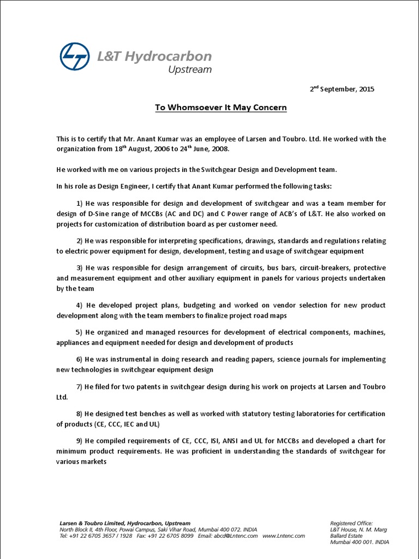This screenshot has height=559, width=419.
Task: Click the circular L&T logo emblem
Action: (x=77, y=57)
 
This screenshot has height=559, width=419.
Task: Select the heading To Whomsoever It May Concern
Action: (x=220, y=108)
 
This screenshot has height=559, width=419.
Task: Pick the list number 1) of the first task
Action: (x=80, y=204)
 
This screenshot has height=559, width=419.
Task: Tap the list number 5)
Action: (x=79, y=332)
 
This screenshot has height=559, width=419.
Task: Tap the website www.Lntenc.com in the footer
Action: (x=283, y=536)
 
